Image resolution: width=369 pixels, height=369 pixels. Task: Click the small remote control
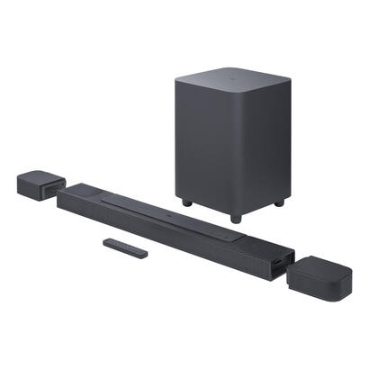point(125,247)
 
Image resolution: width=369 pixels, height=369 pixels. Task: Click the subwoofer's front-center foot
point(235,217)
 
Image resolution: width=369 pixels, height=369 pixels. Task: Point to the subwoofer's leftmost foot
point(187,202)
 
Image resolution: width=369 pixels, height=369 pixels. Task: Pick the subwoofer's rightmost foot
point(279,202)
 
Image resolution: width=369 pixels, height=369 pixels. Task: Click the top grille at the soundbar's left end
point(85,191)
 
